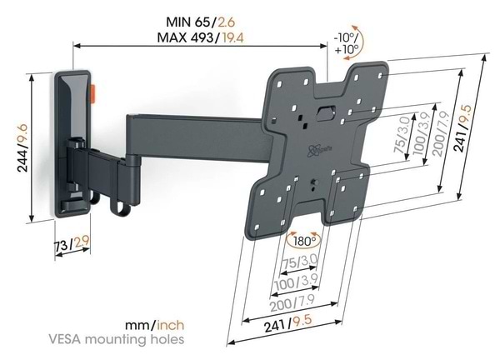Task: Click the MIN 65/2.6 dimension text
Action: [x=201, y=22]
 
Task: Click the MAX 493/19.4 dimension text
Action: [x=200, y=37]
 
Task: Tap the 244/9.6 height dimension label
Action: [x=22, y=148]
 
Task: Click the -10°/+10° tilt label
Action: [x=347, y=43]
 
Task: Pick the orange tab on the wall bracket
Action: [x=93, y=94]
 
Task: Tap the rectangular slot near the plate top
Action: [x=326, y=112]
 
